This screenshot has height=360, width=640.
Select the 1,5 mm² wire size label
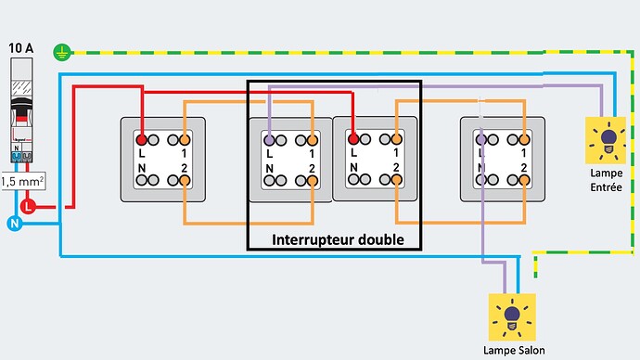point(22,182)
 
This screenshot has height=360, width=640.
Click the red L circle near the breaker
point(29,206)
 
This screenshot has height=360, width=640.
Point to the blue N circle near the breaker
point(14,223)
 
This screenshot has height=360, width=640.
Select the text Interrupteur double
point(338,239)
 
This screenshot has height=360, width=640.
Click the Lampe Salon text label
point(512,350)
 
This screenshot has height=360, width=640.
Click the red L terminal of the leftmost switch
point(142,138)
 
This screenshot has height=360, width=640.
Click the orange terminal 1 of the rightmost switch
point(524,138)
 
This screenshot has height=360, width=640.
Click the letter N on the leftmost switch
point(141,168)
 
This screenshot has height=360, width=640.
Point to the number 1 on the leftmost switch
point(185,152)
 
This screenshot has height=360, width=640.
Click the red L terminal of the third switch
point(352,138)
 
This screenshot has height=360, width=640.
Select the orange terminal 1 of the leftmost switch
point(186,138)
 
